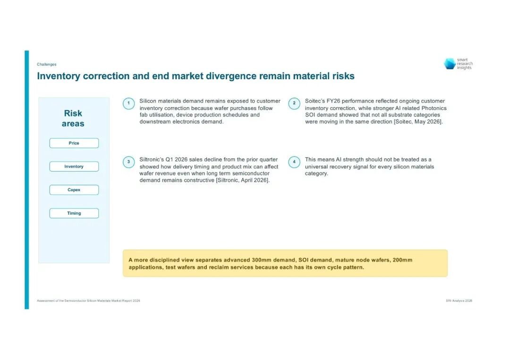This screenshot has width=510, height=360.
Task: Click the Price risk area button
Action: (x=74, y=143)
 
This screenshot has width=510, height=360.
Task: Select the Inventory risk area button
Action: (x=74, y=167)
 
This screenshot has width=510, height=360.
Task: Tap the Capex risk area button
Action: (x=74, y=190)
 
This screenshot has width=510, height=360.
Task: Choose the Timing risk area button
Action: (x=74, y=213)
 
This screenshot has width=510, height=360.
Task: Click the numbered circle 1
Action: (x=128, y=104)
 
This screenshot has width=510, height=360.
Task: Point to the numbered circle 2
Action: (x=294, y=104)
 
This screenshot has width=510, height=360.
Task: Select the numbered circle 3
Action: (x=128, y=162)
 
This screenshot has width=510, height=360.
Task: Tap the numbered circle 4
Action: (x=294, y=162)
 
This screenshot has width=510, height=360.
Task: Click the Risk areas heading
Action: (x=73, y=118)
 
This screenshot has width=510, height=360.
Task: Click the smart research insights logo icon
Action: (x=450, y=64)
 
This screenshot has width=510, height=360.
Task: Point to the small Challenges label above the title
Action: (x=46, y=64)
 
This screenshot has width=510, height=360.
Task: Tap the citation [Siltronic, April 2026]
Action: (x=243, y=180)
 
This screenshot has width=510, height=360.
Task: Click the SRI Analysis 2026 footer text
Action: (x=459, y=301)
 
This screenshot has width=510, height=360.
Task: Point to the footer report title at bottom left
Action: (x=88, y=301)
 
